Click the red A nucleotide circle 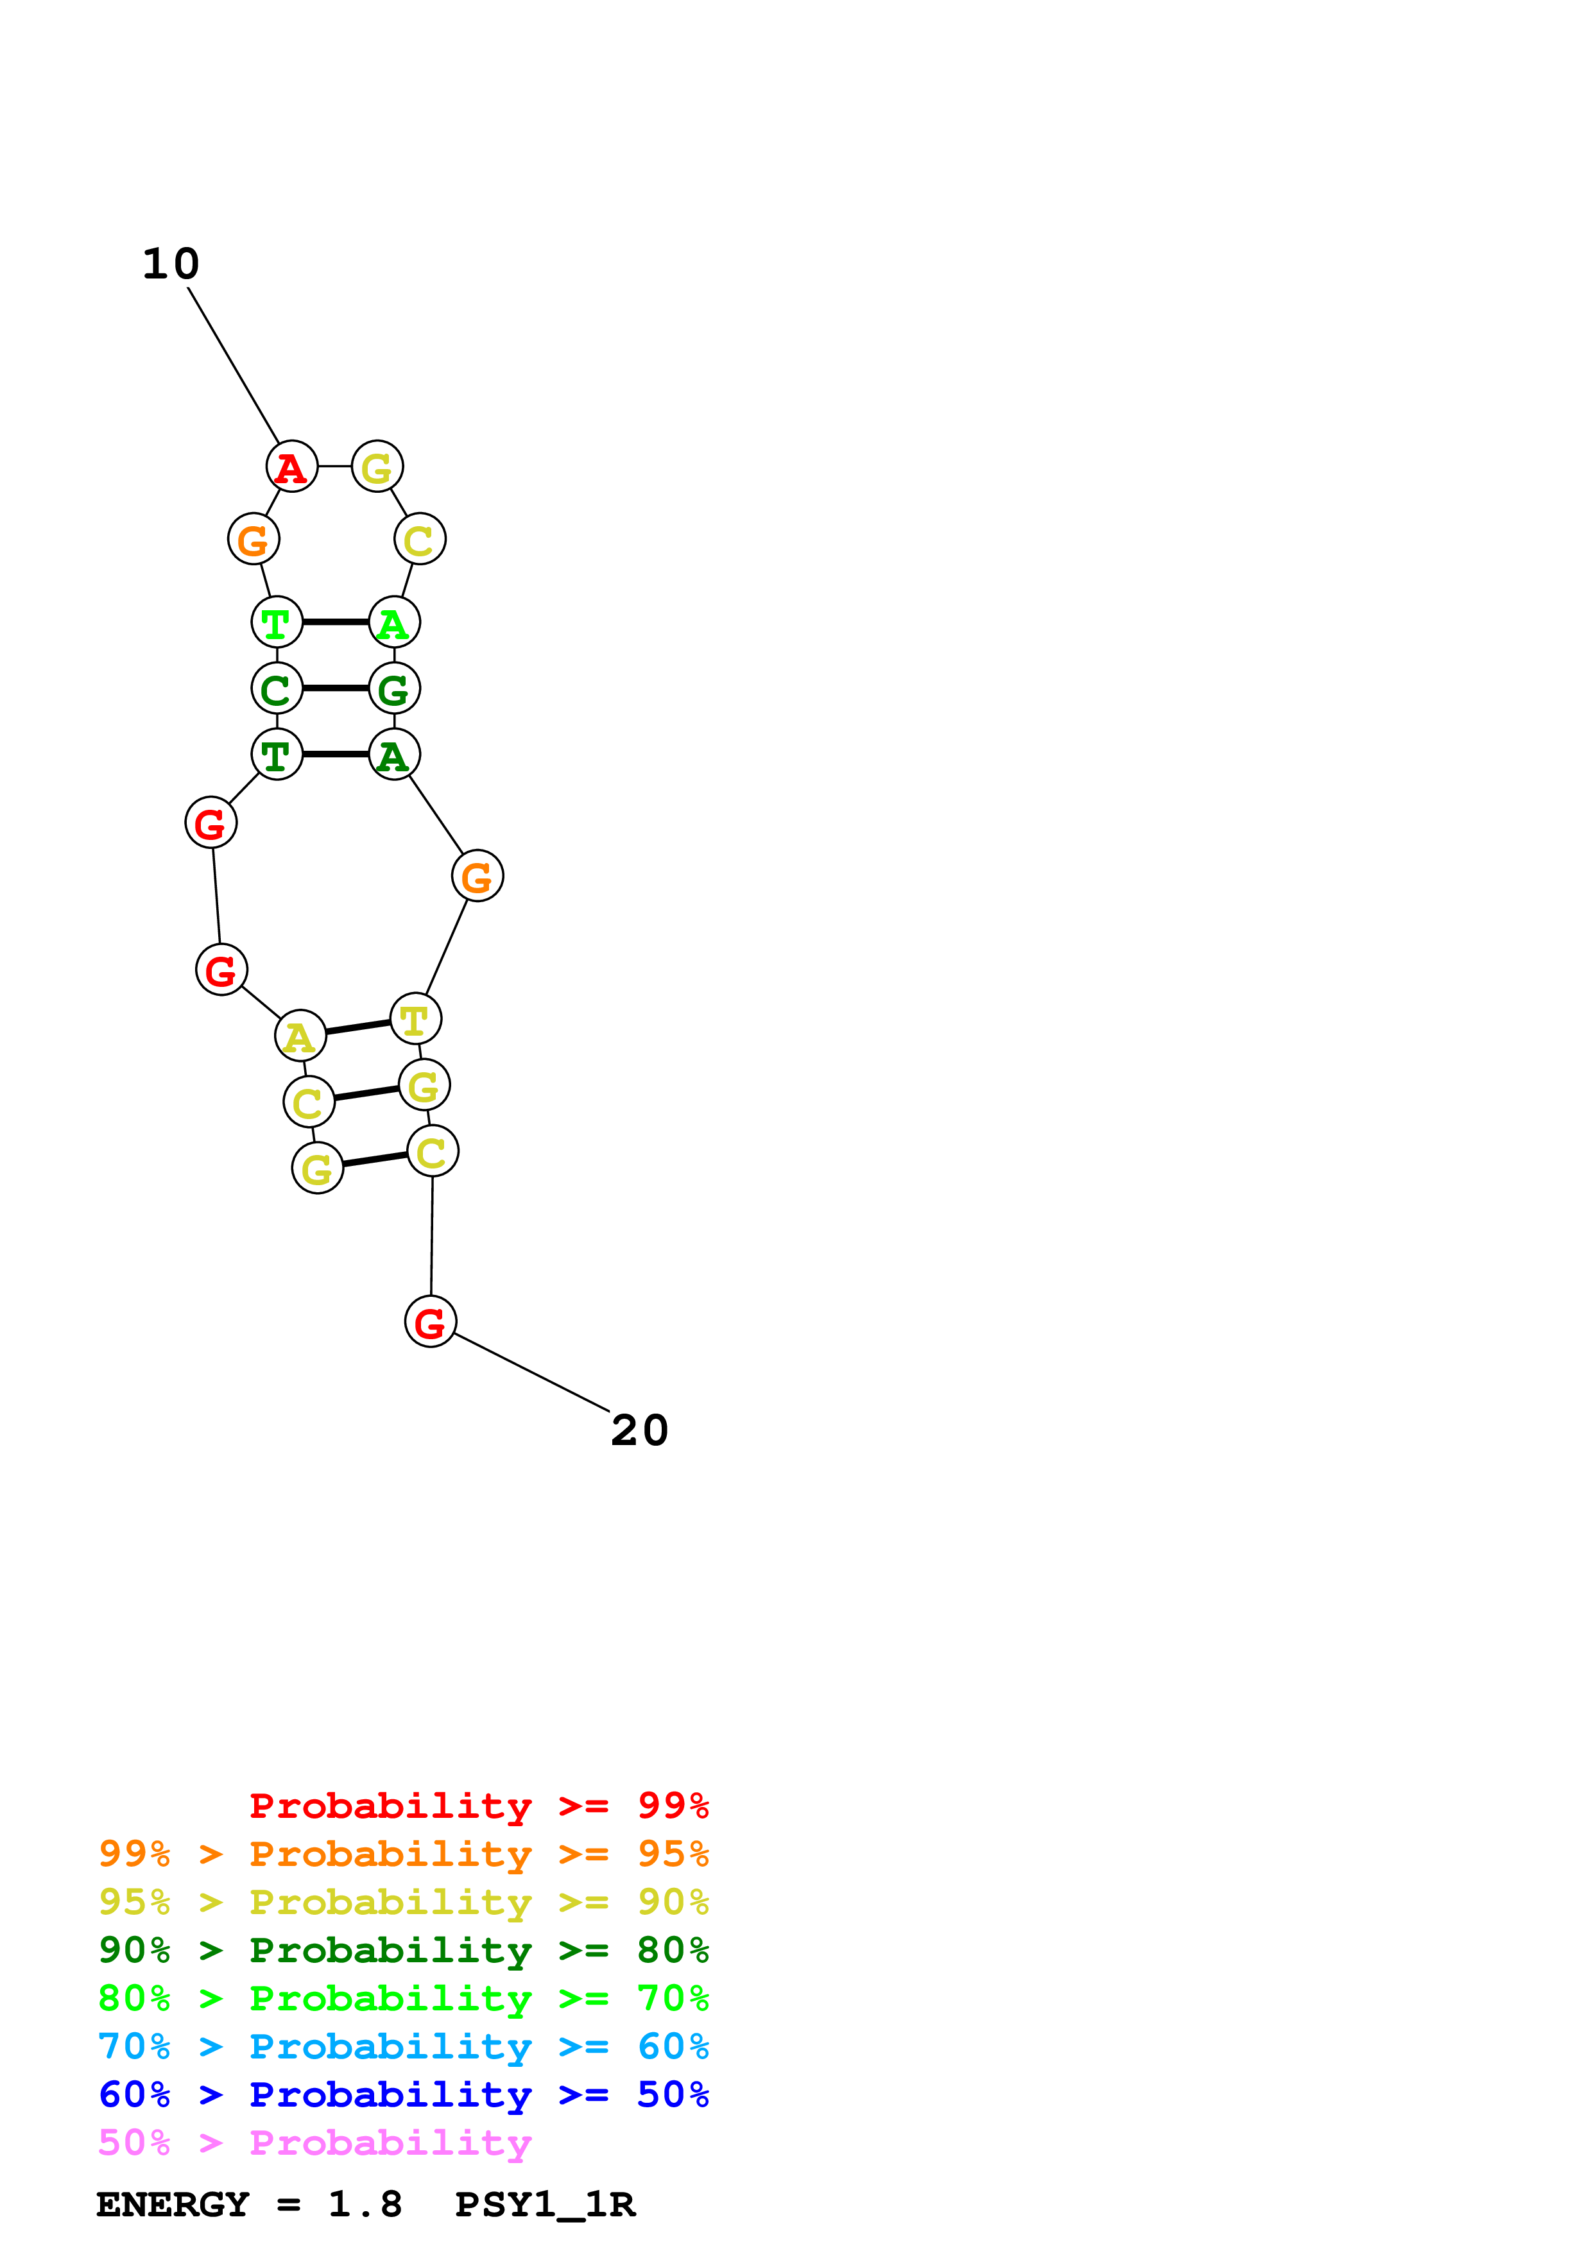292,466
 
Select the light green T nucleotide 277,622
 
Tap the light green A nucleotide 394,622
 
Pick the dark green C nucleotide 277,689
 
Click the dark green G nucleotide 394,689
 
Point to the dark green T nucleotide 277,755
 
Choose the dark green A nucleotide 394,755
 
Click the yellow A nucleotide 300,1036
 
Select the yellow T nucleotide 416,1020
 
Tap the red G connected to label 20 431,1322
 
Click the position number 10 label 171,264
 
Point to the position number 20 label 639,1430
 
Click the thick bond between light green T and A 335,622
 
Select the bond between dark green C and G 335,689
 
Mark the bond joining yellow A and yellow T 358,1027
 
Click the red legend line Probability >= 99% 478,1805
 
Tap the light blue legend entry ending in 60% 403,2046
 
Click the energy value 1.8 365,2205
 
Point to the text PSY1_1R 545,2205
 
